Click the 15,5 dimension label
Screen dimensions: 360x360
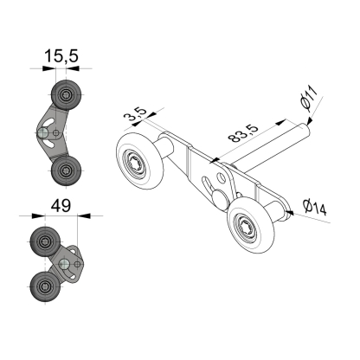point(61,55)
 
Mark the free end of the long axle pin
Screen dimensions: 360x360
point(304,130)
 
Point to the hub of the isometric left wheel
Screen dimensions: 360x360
point(136,162)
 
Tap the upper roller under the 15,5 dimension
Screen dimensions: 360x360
point(65,94)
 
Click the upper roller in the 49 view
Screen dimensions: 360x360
point(45,242)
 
